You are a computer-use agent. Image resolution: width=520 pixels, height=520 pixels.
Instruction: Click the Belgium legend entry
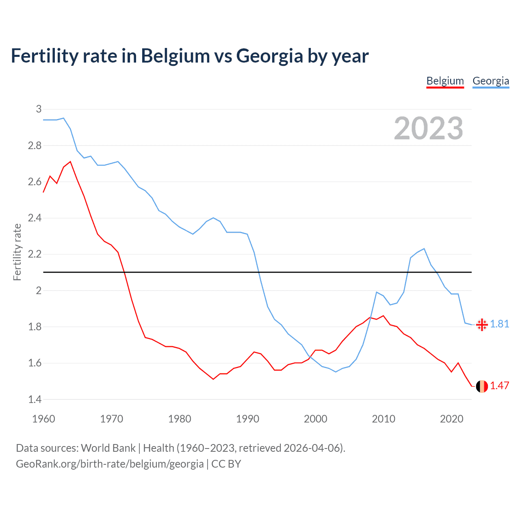click(x=445, y=81)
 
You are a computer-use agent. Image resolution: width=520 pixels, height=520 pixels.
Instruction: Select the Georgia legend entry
click(x=491, y=81)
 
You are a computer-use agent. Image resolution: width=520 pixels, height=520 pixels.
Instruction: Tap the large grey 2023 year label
click(x=429, y=128)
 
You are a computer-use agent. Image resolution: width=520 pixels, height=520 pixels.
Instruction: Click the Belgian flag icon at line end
click(x=482, y=386)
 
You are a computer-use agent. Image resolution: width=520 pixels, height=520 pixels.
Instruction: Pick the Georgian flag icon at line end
click(x=482, y=324)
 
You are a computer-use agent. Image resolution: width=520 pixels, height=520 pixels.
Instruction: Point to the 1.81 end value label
click(x=500, y=324)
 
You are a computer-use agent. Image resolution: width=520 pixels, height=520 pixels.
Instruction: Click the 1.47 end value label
click(x=500, y=386)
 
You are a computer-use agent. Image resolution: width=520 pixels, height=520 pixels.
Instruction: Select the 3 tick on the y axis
click(x=39, y=109)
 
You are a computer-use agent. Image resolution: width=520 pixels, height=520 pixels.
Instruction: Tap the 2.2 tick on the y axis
click(x=35, y=254)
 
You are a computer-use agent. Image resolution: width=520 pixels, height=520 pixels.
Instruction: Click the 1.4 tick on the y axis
click(x=35, y=399)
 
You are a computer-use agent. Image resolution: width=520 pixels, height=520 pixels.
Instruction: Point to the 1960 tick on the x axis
click(x=43, y=419)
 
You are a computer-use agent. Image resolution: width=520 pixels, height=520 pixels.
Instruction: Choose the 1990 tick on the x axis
click(x=247, y=419)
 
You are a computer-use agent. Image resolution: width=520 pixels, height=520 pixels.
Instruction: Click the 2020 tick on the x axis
click(x=451, y=419)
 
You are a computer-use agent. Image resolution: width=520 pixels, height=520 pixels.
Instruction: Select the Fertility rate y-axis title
click(x=17, y=252)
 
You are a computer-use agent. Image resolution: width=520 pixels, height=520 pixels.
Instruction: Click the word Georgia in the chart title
click(x=269, y=56)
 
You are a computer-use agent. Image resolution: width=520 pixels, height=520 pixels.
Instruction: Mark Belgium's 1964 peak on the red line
click(x=70, y=162)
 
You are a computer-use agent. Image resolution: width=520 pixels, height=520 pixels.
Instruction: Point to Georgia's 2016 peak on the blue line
click(x=424, y=249)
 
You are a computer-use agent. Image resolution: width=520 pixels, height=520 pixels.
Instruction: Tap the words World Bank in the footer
click(x=108, y=448)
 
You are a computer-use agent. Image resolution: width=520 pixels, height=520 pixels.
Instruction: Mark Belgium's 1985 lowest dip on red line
click(x=213, y=379)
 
